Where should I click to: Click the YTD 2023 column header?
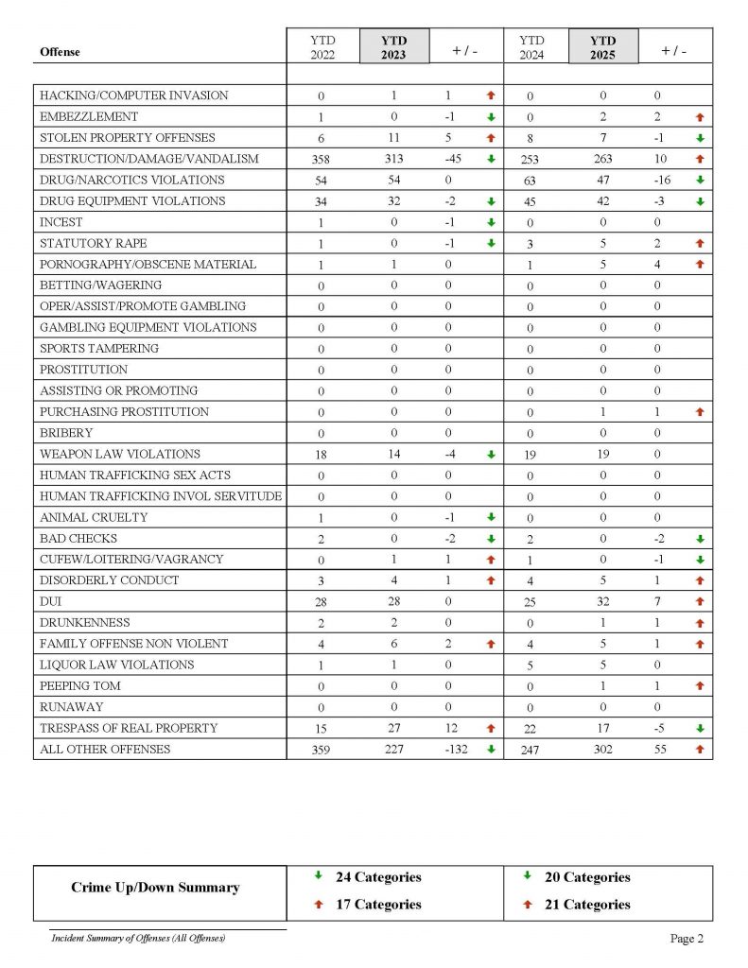393,47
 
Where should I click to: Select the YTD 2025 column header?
602,47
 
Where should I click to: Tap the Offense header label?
60,52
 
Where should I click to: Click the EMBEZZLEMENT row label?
89,116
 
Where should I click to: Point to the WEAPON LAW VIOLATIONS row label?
120,454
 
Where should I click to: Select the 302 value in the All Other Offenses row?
602,750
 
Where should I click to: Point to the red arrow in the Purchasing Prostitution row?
700,412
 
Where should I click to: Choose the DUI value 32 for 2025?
602,602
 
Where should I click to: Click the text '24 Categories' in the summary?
378,877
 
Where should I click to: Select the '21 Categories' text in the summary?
587,905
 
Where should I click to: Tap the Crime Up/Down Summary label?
155,888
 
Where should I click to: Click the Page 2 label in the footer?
687,939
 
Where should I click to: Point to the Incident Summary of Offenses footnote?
138,938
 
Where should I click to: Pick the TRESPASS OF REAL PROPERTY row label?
129,728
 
